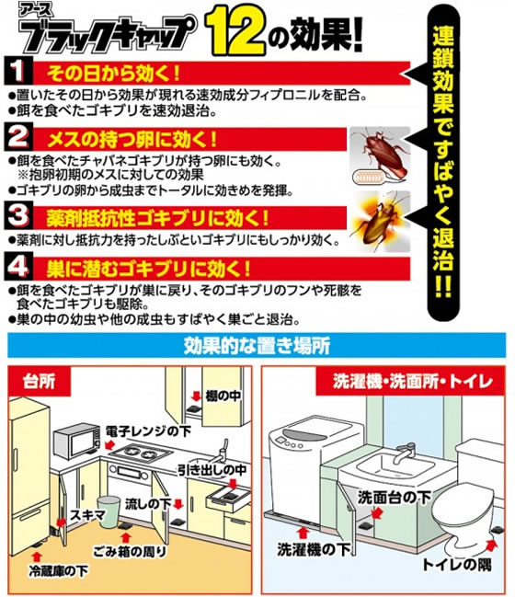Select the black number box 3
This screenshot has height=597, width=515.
point(17,216)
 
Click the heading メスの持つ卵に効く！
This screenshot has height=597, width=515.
point(132,140)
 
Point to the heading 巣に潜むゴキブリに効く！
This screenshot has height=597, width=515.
point(148,269)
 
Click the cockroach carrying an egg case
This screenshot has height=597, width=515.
point(381,155)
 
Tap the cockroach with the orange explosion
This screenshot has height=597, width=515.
point(381,221)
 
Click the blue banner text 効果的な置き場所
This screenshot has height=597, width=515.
point(257,345)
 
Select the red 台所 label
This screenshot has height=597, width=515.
point(39,381)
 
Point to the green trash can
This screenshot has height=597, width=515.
point(109,511)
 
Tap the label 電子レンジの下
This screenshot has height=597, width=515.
point(148,431)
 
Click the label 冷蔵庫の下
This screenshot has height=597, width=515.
point(59,570)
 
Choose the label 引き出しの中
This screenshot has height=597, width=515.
point(212,470)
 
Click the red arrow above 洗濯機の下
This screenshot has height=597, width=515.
point(303,533)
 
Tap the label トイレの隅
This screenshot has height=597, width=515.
point(457,564)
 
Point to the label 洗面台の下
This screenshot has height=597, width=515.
point(394,497)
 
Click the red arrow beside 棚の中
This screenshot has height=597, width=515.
point(197,396)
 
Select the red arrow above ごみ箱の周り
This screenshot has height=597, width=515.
point(126,538)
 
